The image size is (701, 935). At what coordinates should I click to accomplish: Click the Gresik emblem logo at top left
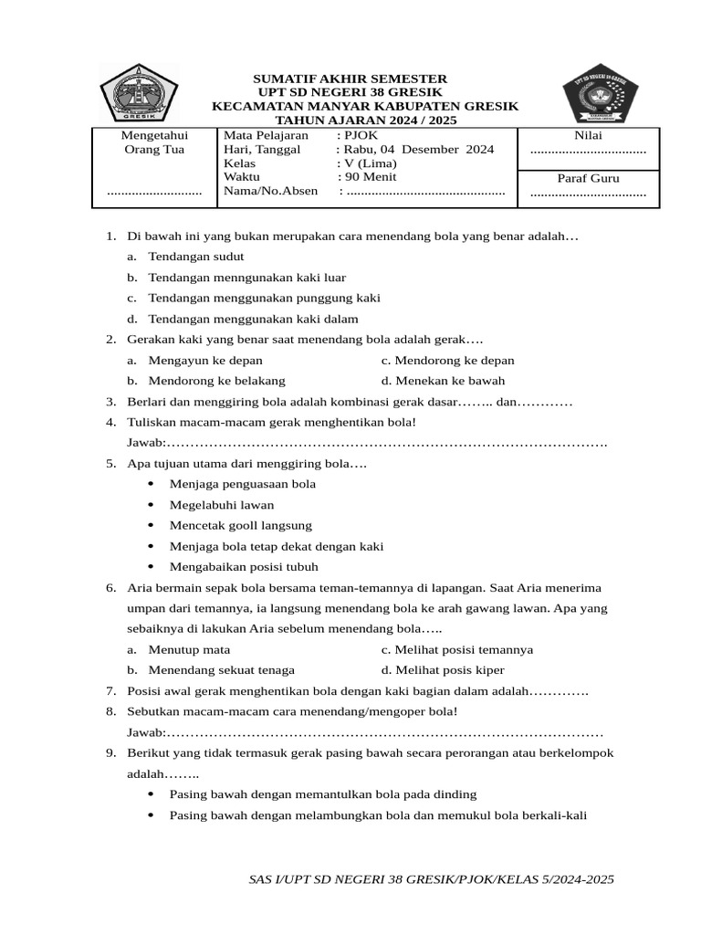[138, 93]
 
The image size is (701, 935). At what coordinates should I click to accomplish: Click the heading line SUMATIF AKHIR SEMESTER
[350, 79]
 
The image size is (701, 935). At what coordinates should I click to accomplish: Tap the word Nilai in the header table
[588, 135]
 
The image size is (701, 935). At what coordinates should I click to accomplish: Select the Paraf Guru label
[588, 179]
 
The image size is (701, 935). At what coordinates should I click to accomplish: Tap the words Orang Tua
[153, 150]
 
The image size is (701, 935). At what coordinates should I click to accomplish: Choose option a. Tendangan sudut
[194, 257]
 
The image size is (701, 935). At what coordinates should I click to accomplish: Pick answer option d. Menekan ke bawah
[444, 381]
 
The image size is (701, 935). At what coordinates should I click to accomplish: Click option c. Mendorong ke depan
[448, 361]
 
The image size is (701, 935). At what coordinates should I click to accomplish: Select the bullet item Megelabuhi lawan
[222, 504]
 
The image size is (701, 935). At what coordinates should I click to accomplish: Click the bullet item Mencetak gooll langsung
[241, 525]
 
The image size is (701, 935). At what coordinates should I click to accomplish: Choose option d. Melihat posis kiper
[443, 670]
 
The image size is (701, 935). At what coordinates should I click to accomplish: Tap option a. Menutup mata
[188, 650]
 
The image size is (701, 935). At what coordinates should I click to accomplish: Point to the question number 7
[110, 691]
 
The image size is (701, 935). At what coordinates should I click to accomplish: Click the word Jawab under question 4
[145, 443]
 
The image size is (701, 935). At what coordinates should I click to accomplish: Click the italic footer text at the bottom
[431, 879]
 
